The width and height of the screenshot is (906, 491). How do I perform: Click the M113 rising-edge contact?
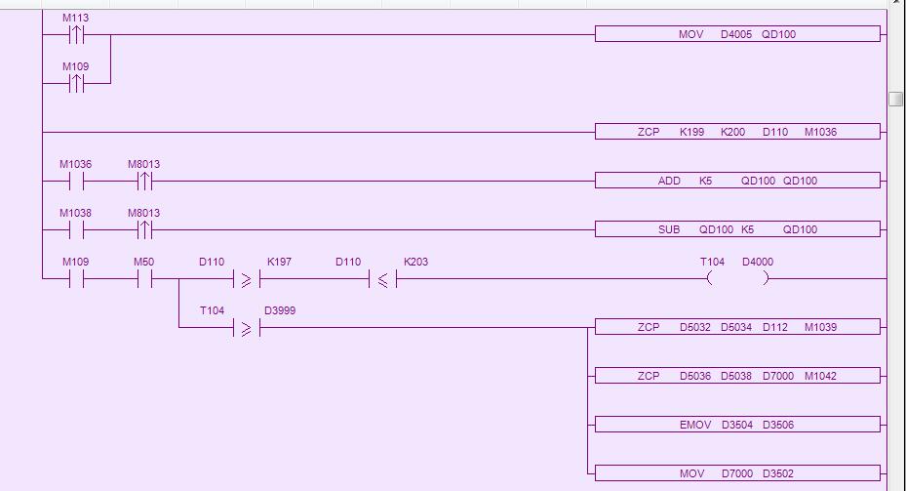(76, 35)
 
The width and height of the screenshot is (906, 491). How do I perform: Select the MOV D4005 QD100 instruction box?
(737, 34)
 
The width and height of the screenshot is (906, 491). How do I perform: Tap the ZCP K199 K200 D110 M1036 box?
(737, 132)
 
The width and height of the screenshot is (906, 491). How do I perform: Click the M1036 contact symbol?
(76, 181)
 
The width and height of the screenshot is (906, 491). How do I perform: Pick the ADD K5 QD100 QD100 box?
(737, 181)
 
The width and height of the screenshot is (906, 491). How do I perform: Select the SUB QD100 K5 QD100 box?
(737, 229)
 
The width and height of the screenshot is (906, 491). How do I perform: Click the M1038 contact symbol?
(76, 229)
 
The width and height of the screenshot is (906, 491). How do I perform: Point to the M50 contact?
(144, 279)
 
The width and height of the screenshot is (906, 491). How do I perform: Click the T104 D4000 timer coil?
(737, 278)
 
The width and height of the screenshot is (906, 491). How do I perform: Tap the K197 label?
(279, 262)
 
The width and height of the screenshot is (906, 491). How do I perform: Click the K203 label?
(415, 262)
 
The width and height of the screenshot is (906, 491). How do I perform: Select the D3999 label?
(280, 310)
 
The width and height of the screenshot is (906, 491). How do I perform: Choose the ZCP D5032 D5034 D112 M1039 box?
(737, 327)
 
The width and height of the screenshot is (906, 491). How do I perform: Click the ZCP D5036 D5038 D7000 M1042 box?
(737, 376)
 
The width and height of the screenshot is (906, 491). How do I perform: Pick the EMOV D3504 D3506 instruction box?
(737, 425)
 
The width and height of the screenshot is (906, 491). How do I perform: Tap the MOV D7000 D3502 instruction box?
(737, 473)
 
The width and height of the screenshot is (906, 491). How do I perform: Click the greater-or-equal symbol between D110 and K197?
(246, 279)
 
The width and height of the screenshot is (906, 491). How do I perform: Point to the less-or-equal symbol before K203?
(382, 279)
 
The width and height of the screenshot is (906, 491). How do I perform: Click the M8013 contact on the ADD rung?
(144, 181)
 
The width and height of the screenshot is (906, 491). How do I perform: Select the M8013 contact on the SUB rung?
(144, 229)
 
